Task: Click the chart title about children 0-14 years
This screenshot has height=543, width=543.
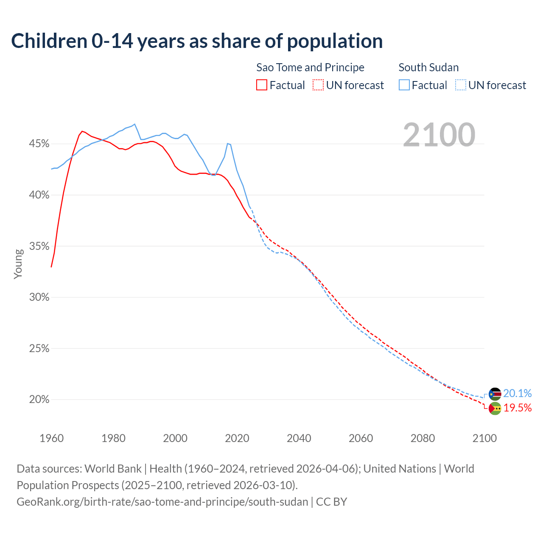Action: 197,41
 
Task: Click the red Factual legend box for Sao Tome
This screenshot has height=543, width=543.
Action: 262,85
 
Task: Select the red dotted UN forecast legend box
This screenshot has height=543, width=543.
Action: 318,85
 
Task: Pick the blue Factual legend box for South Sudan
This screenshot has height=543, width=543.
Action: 404,85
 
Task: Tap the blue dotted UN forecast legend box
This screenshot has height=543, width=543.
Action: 461,85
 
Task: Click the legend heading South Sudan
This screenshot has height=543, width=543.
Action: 428,67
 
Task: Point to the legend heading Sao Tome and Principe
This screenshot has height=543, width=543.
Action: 310,67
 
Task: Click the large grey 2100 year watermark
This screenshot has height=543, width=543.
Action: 439,135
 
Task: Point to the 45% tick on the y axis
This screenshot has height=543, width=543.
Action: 39,144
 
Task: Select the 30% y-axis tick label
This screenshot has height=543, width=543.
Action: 39,297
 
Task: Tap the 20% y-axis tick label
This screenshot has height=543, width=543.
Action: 39,400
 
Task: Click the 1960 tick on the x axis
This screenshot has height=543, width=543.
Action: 51,438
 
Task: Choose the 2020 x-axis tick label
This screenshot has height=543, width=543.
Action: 237,438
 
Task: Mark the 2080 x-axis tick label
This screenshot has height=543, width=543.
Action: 423,438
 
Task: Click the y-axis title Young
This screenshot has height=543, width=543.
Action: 18,264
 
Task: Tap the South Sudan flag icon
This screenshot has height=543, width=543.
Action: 495,394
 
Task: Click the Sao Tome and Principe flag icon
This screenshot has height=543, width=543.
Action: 495,409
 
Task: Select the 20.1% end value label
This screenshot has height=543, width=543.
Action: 517,394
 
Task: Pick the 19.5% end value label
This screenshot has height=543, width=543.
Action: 517,408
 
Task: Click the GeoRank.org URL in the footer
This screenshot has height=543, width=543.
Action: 162,502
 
